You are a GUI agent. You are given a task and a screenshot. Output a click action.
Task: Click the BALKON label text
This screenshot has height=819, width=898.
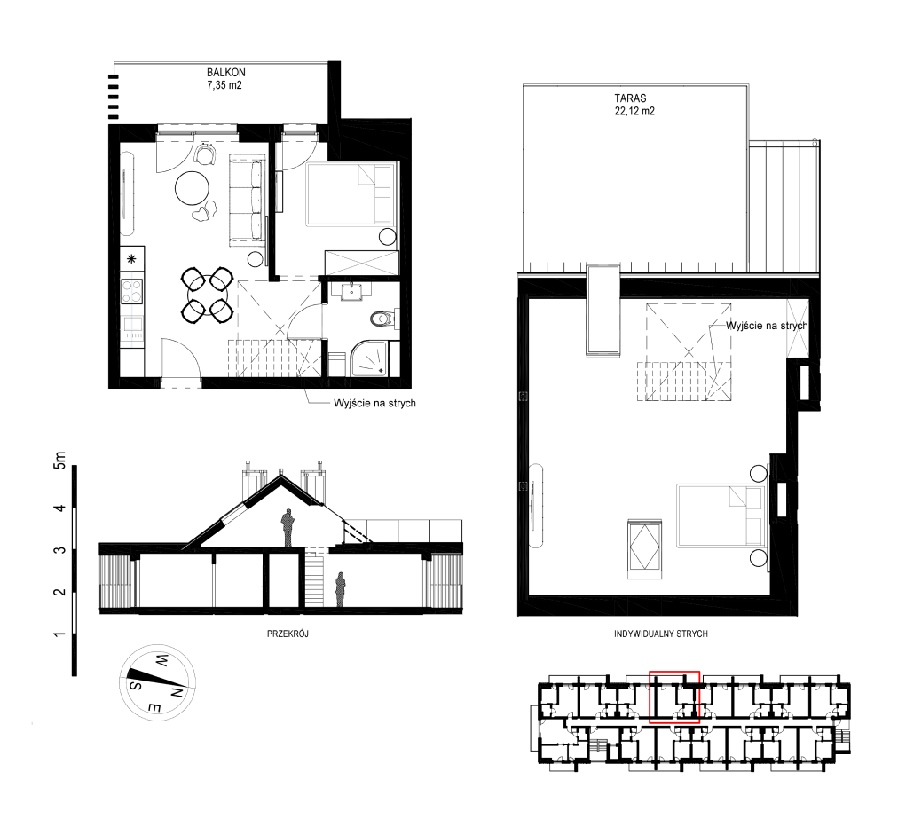pyautogui.click(x=225, y=72)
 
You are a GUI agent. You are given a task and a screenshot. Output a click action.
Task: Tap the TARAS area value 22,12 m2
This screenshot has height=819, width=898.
pyautogui.click(x=634, y=111)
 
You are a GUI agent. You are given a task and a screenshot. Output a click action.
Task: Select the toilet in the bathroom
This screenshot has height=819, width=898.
pyautogui.click(x=382, y=318)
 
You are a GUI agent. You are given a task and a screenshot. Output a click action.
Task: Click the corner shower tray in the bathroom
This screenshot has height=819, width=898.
pyautogui.click(x=370, y=358)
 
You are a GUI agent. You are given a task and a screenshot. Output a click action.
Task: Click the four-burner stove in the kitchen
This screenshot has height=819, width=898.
pyautogui.click(x=131, y=291)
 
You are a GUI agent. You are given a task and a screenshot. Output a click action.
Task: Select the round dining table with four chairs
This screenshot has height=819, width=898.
pyautogui.click(x=207, y=295)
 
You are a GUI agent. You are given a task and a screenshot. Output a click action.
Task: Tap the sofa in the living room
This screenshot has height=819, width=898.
pyautogui.click(x=247, y=200)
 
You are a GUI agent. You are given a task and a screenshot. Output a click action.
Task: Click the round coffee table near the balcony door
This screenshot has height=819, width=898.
pyautogui.click(x=192, y=188)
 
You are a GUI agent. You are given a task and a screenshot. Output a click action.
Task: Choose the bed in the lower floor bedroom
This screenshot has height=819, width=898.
pyautogui.click(x=351, y=194)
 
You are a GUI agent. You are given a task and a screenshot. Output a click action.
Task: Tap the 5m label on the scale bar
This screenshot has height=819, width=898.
pyautogui.click(x=59, y=460)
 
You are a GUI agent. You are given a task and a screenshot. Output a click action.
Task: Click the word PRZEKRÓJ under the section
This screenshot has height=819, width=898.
pyautogui.click(x=288, y=634)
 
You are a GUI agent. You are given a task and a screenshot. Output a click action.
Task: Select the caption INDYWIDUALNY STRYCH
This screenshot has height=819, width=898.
pyautogui.click(x=661, y=634)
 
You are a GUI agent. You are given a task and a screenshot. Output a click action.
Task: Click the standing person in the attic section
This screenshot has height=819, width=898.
pyautogui.click(x=288, y=527)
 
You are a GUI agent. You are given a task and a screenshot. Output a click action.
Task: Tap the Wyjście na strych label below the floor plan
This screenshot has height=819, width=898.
pyautogui.click(x=374, y=403)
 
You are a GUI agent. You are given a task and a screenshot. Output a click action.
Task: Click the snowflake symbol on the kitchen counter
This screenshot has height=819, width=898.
pyautogui.click(x=131, y=259)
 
